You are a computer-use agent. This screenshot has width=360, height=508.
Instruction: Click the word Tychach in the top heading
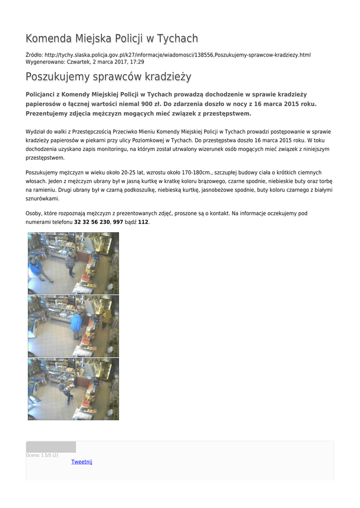177,39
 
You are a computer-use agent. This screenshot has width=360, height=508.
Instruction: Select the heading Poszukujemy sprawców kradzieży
108,77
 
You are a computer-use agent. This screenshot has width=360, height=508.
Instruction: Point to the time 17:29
138,62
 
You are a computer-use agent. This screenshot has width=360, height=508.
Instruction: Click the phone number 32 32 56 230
92,222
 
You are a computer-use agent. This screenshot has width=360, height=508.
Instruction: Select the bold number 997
118,222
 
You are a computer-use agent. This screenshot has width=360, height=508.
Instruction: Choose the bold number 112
143,222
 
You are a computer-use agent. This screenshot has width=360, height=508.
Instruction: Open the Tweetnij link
81,462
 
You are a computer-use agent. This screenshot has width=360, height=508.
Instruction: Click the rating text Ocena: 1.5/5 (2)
42,455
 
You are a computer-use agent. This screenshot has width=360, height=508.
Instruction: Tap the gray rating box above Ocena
51,446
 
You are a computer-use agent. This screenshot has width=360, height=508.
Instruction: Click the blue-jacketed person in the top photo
37,268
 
